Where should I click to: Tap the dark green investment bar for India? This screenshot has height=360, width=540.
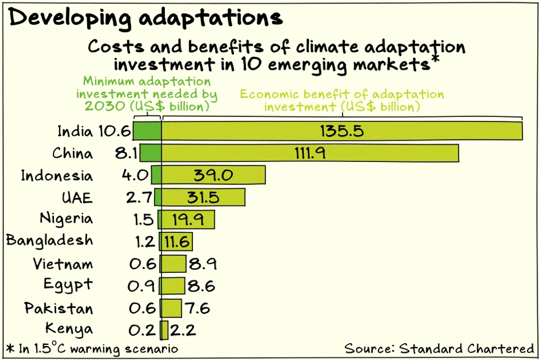147,131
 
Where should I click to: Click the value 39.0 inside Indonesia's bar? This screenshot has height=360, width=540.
213,175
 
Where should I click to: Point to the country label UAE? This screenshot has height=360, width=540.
77,197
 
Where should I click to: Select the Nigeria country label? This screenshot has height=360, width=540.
66,218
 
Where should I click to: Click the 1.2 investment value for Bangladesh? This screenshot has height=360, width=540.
145,242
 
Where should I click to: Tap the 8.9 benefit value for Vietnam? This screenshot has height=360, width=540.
202,264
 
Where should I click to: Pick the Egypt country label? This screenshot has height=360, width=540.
68,285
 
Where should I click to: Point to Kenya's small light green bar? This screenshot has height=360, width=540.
164,330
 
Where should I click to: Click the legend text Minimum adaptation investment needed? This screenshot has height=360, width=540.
147,93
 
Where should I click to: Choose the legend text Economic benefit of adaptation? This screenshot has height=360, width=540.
342,100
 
